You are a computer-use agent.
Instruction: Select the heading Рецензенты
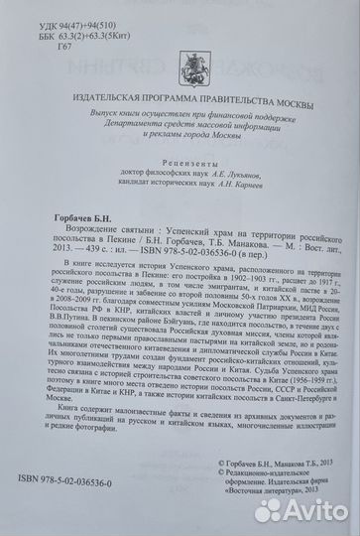click(182, 175)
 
